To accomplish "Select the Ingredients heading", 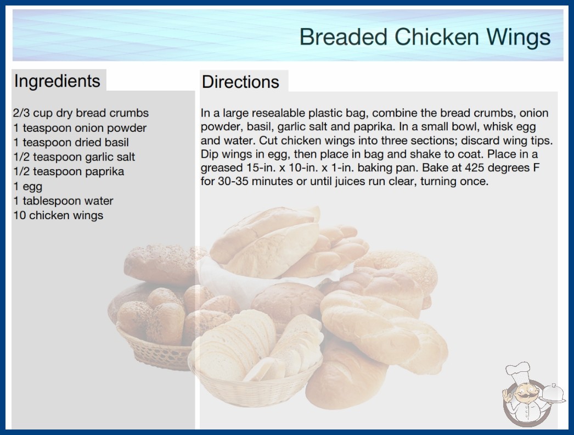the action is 57,81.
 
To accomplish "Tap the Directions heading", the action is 240,82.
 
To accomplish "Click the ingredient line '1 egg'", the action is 28,187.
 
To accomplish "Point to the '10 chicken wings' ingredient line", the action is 58,215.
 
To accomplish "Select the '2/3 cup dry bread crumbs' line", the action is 81,113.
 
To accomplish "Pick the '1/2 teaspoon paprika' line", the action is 69,171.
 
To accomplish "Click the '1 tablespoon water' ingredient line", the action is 63,201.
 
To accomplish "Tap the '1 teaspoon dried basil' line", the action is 71,142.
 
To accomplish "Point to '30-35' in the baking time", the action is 233,181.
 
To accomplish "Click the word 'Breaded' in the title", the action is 344,37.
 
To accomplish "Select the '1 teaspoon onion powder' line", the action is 80,128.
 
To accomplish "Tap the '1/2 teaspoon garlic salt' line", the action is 74,157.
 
